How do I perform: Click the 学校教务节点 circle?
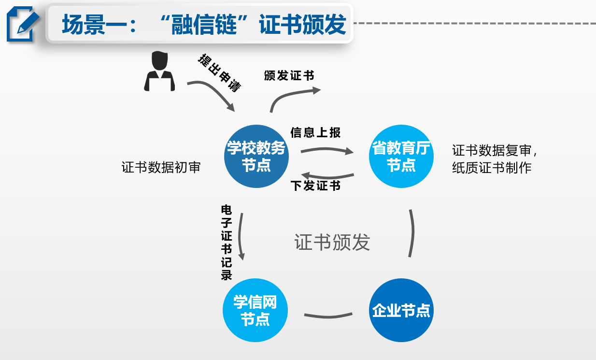pos(256,156)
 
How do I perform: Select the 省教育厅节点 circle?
pos(401,156)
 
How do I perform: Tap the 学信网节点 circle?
pos(255,310)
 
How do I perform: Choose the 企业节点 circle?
pos(401,310)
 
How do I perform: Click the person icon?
pos(159,72)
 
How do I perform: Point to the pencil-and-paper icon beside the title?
pos(22,24)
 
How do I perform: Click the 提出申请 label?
pos(219,72)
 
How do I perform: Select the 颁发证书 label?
pos(289,76)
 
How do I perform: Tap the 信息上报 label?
pos(315,132)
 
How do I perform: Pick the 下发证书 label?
pos(315,186)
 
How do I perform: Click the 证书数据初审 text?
pos(161,167)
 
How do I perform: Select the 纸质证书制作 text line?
pos(492,168)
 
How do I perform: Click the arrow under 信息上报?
pos(327,151)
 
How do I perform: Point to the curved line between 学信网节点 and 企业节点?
pos(328,316)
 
